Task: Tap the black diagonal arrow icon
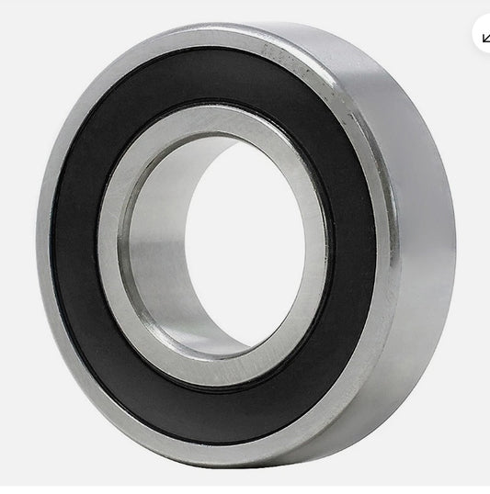coord(484,37)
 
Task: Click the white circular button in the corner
coord(482,35)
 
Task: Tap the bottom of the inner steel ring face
coord(216,375)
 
